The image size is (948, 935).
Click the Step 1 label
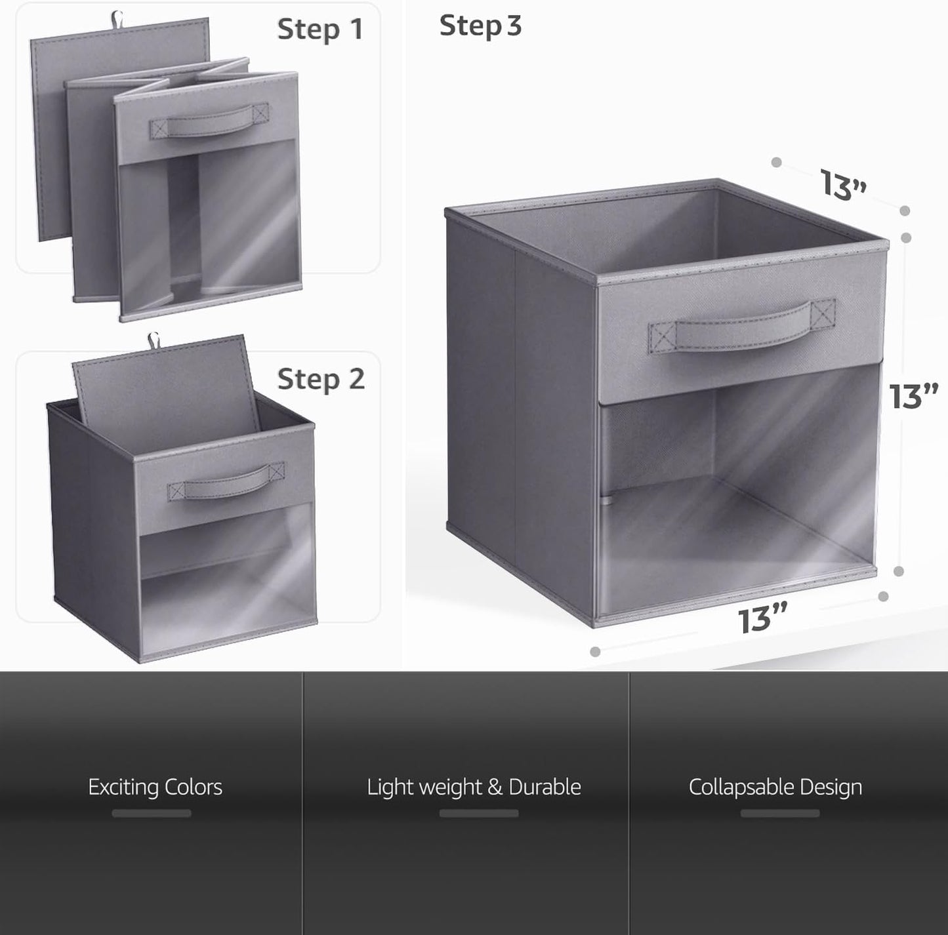(320, 30)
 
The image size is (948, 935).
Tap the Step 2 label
(321, 379)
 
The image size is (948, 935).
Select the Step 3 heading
(480, 26)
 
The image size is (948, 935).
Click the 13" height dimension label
(913, 396)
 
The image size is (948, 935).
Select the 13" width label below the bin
(762, 620)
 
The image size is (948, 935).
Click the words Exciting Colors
(155, 787)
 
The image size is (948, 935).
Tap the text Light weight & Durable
(474, 787)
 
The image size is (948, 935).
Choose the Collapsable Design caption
(775, 787)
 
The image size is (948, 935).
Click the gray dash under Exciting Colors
(152, 813)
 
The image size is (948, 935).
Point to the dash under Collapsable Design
(780, 813)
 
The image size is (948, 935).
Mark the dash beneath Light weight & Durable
(479, 813)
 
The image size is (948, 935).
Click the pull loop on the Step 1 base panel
(117, 18)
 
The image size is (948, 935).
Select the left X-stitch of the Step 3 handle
(663, 338)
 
